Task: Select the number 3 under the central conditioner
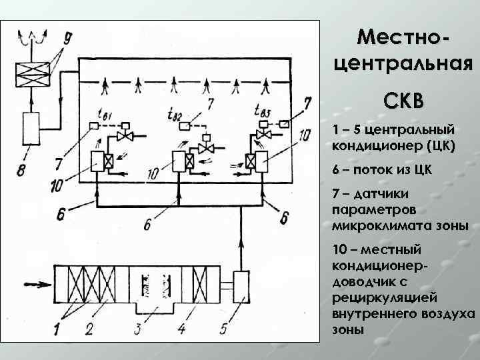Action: (137, 328)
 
